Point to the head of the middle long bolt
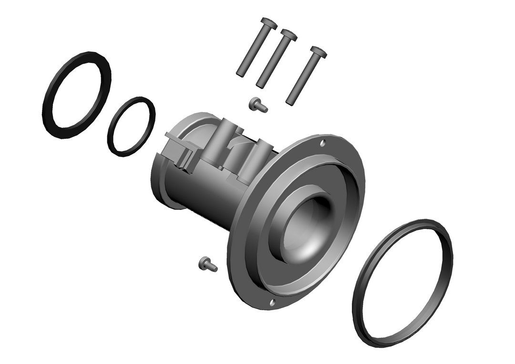(x=288, y=35)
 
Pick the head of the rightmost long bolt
(x=318, y=52)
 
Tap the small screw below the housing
(x=207, y=264)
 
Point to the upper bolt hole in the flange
(x=323, y=143)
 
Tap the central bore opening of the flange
(x=310, y=224)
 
